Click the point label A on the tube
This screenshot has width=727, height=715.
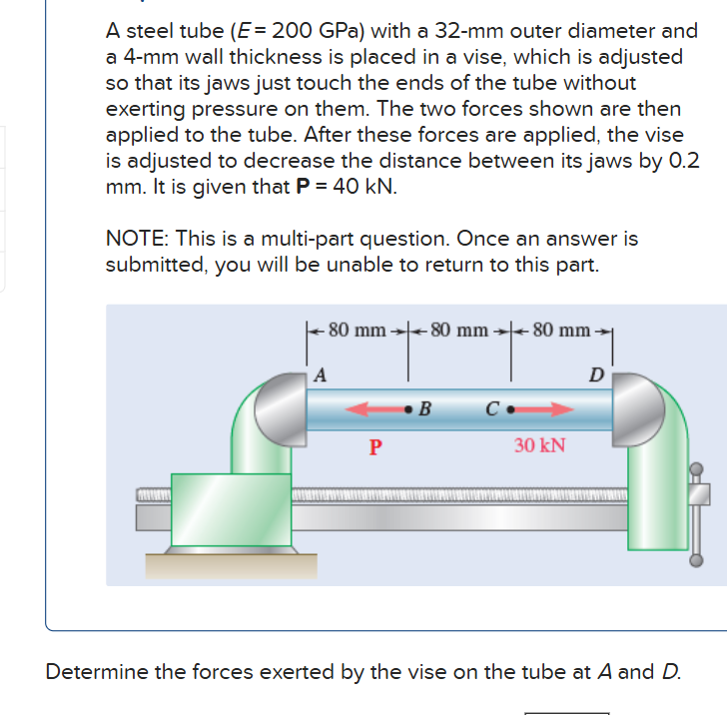tap(320, 374)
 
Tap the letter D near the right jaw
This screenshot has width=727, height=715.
tap(597, 374)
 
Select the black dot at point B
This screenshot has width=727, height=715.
tap(408, 409)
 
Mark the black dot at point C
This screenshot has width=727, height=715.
tap(510, 409)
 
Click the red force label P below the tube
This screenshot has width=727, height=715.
tap(375, 447)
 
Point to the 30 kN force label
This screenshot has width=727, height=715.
tap(539, 445)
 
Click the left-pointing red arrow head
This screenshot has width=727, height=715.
tap(358, 409)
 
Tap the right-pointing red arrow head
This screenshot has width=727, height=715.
tap(562, 409)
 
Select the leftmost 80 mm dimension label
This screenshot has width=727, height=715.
tap(358, 331)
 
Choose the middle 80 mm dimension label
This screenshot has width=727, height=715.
tap(459, 331)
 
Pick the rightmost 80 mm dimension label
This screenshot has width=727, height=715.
tap(561, 331)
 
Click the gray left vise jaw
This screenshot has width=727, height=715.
tap(281, 409)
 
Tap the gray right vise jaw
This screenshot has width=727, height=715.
tap(638, 409)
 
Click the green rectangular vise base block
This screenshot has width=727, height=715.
tap(232, 509)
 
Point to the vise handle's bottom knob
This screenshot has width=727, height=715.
tap(696, 560)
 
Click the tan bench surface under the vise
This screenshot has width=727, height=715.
tap(232, 566)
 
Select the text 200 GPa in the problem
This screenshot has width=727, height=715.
tap(317, 31)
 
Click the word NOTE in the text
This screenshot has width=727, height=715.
tap(137, 239)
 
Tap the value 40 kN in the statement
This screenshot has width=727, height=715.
tap(363, 187)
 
